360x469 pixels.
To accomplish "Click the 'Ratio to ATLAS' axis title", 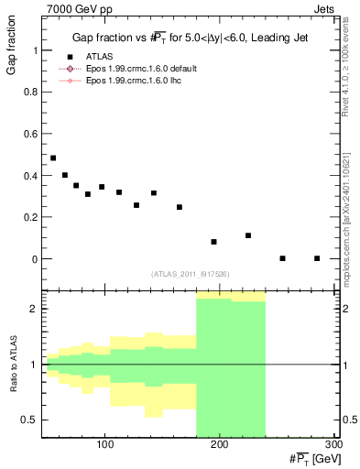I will pyautogui.click(x=12, y=365).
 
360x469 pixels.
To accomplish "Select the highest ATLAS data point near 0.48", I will pyautogui.click(x=53, y=158).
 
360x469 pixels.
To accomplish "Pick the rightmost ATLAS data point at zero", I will pyautogui.click(x=317, y=258).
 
